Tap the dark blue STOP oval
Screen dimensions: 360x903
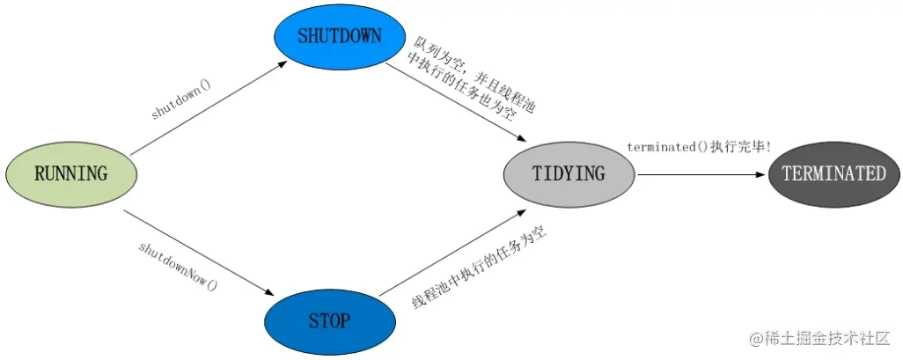pyautogui.click(x=329, y=320)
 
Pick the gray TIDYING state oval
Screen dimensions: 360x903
pyautogui.click(x=569, y=173)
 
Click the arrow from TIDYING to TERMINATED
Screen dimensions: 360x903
pyautogui.click(x=700, y=174)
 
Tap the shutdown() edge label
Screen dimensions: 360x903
pyautogui.click(x=181, y=101)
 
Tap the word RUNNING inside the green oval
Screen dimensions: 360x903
pyautogui.click(x=70, y=173)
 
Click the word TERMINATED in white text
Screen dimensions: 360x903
pyautogui.click(x=833, y=173)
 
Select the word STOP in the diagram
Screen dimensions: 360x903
pyautogui.click(x=329, y=320)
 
